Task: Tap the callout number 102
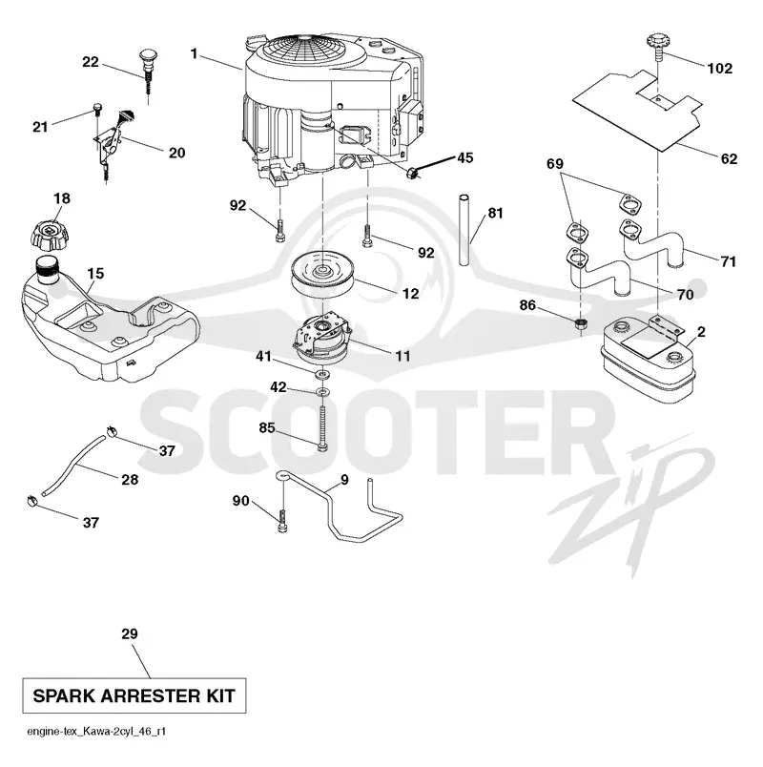point(720,68)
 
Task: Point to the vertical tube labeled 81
point(464,231)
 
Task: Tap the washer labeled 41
point(322,375)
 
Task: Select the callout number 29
point(130,633)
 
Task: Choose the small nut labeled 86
point(581,322)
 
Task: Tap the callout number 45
point(464,157)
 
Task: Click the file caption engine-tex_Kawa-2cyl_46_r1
point(96,732)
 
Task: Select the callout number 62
point(729,158)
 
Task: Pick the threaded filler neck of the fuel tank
point(48,271)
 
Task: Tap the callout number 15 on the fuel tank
point(96,273)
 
